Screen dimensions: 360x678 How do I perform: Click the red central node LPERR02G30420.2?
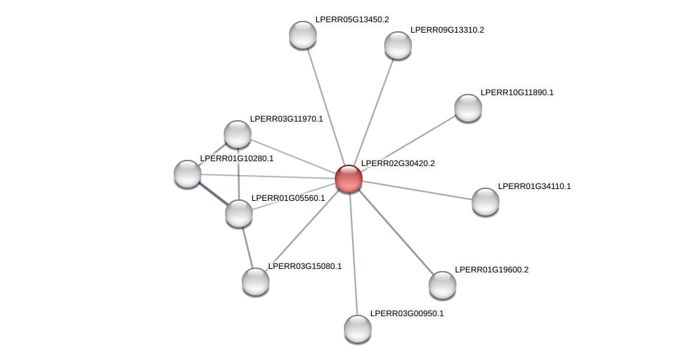(x=348, y=179)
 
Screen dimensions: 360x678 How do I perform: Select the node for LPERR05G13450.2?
(x=303, y=35)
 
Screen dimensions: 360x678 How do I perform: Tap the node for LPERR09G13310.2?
(x=398, y=45)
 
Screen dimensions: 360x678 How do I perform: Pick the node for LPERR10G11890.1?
(x=468, y=108)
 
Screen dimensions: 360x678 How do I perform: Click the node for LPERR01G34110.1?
(x=486, y=202)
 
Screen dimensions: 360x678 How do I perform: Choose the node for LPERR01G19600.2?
(x=443, y=285)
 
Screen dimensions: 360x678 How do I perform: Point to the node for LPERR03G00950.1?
(x=358, y=329)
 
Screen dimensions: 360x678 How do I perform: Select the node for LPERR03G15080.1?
(x=256, y=281)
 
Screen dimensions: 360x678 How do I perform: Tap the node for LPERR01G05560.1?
(x=239, y=213)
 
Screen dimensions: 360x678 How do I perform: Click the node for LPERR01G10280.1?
(x=188, y=174)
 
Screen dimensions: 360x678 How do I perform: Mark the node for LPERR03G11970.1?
(x=238, y=134)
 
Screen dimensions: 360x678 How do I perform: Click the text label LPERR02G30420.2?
(x=398, y=163)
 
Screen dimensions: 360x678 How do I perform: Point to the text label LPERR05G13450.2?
(x=352, y=19)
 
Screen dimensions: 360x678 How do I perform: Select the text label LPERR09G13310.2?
(x=447, y=30)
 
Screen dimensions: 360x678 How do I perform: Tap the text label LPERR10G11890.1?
(x=517, y=92)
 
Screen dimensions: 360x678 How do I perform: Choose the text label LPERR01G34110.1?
(x=534, y=186)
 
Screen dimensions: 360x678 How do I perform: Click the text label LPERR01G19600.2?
(x=492, y=270)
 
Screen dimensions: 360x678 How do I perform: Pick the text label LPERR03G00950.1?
(x=407, y=313)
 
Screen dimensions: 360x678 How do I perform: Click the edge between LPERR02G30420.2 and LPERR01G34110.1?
(x=417, y=190)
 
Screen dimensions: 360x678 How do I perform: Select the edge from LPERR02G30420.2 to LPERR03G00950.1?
(x=353, y=254)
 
